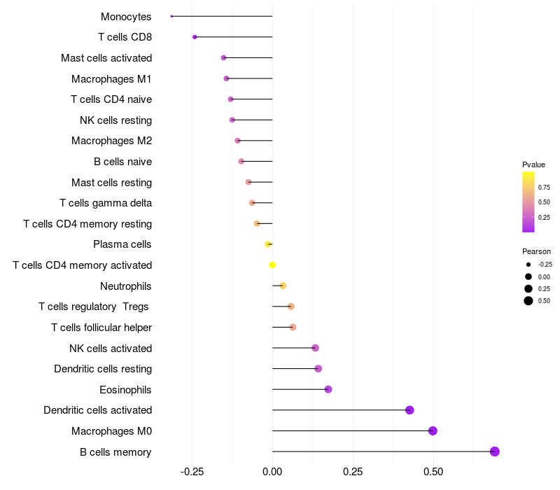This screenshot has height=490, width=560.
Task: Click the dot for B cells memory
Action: pos(494,451)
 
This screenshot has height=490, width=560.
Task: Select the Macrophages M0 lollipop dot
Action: pos(433,431)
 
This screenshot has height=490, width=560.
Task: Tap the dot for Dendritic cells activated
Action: pos(409,410)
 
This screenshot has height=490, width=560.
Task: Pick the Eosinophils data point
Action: pos(328,389)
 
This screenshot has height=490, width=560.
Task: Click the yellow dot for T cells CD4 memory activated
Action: pos(272,265)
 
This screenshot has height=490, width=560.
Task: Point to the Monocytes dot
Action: pos(171,16)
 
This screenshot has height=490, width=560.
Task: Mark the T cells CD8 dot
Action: pos(195,37)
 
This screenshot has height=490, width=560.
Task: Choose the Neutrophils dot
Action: pos(282,286)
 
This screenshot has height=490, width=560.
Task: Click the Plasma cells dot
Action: pos(267,244)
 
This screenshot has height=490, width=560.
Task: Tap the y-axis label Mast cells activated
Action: pos(106,58)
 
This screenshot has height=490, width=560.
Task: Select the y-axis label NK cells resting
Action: pos(115,120)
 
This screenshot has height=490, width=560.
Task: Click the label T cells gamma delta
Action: pos(106,203)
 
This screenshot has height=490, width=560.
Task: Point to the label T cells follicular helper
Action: pos(101,328)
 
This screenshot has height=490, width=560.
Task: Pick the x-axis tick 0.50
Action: pos(433,472)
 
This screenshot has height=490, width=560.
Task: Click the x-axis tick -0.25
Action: pos(192,472)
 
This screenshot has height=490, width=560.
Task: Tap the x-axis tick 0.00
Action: pos(272,472)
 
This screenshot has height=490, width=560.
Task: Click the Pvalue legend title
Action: pos(533,164)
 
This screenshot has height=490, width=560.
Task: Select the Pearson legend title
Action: pos(536,251)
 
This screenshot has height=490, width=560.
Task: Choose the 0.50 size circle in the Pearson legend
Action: pos(528,301)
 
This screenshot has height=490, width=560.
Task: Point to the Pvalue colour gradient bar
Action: pos(528,202)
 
